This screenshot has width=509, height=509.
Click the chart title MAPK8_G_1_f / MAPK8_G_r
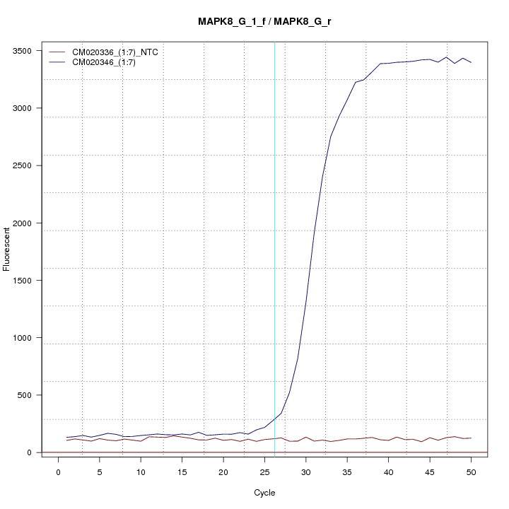coord(264,21)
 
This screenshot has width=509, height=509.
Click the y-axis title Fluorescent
coord(8,247)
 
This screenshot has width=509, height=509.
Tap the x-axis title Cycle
coord(264,493)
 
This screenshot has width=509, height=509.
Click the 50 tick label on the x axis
coord(471,472)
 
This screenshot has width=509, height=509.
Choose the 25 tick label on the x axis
coord(264,472)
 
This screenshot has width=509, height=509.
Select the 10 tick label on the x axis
coord(141,472)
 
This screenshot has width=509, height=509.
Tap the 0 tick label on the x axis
coord(58,472)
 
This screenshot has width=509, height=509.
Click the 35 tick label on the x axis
coord(347,472)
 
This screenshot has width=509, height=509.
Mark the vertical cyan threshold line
coord(274,247)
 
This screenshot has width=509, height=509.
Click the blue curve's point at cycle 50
coord(471,63)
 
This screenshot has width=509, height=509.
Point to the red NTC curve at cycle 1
coord(66,440)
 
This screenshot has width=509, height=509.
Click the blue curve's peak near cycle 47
coord(446,57)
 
